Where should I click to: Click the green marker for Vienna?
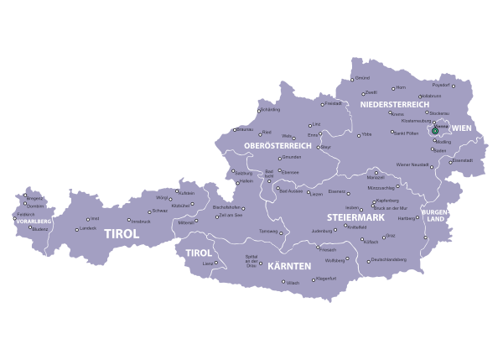(435, 131)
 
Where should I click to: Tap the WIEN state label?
(462, 128)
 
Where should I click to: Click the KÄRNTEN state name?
(288, 265)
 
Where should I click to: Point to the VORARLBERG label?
(33, 221)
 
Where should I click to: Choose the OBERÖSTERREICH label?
(277, 145)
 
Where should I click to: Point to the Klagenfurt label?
(325, 279)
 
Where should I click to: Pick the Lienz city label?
(208, 263)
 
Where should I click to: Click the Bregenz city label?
(34, 198)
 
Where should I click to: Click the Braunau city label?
(245, 130)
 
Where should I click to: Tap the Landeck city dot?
(76, 229)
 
